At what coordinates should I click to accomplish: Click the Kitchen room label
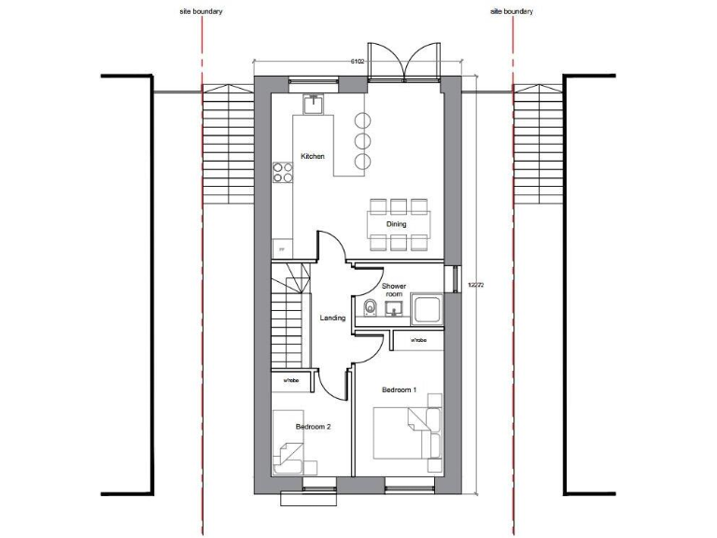tap(312, 156)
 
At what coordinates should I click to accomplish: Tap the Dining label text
tap(396, 224)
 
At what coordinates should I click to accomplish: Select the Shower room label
tap(393, 290)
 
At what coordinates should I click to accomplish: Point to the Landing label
tap(332, 319)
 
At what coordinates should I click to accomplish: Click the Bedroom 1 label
tap(400, 389)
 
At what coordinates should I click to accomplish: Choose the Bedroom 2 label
tap(314, 426)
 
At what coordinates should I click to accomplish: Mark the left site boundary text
tap(201, 12)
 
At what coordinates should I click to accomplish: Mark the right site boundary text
tap(512, 12)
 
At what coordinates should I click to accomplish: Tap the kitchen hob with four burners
tap(281, 173)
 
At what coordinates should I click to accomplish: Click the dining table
tap(397, 224)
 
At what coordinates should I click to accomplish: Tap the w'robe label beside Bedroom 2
tap(290, 380)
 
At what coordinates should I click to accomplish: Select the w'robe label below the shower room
tap(418, 340)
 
